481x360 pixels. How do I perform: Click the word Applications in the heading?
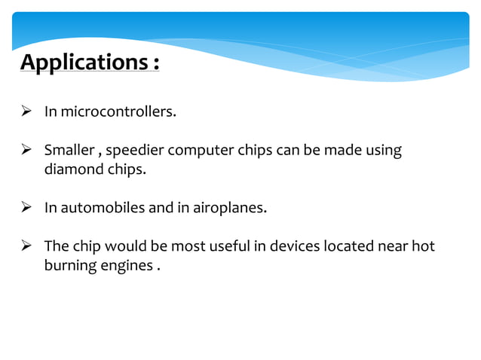(x=80, y=62)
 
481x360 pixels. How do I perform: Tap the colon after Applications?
(x=155, y=63)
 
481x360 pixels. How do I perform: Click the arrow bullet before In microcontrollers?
(x=26, y=112)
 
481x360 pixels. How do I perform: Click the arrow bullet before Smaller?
(x=26, y=150)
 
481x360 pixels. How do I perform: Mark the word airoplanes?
(x=229, y=208)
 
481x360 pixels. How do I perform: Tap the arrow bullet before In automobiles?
(x=26, y=207)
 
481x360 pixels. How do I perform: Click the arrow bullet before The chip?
(x=26, y=246)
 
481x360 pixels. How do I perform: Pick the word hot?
(x=424, y=246)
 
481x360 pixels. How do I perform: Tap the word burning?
(x=68, y=266)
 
